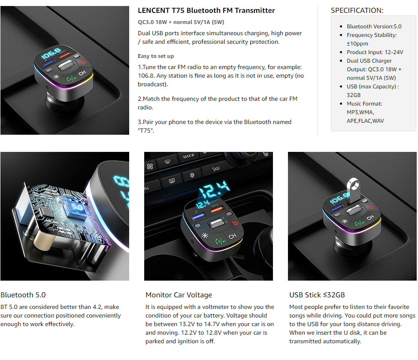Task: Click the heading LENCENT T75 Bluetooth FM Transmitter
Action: (206, 10)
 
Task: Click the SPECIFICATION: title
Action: (357, 10)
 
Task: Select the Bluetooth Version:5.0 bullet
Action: (374, 26)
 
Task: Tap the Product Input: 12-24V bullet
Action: (375, 52)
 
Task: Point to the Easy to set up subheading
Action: (156, 56)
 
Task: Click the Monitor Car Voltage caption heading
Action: (179, 295)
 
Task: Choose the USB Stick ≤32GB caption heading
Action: (317, 295)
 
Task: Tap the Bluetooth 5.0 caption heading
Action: (23, 295)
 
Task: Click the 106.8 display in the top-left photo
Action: (51, 53)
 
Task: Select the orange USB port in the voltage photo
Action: (217, 210)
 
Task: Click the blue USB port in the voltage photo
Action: (199, 216)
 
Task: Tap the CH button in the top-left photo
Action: (82, 73)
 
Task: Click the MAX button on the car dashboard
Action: (188, 156)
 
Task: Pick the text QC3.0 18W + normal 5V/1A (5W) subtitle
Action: (181, 22)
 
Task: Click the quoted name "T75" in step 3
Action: (146, 130)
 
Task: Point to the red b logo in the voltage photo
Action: (235, 223)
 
